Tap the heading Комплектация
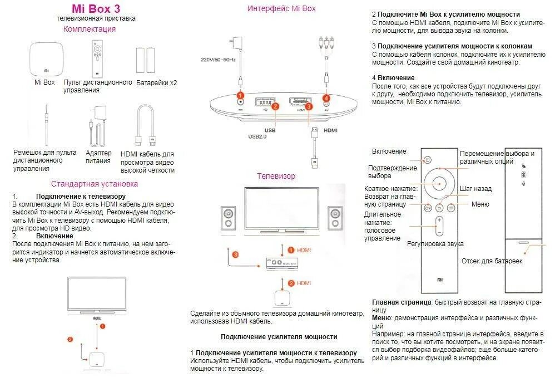point(90,29)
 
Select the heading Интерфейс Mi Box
point(281,8)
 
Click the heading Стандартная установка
point(95,183)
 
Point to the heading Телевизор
point(276,176)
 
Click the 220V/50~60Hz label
point(219,60)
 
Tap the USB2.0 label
point(257,136)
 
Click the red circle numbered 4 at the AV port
point(326,98)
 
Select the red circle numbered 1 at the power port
point(241,96)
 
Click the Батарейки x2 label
point(156,82)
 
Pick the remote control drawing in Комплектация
point(98,58)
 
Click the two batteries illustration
point(145,60)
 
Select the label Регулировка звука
point(435,244)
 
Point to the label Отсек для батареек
point(492,261)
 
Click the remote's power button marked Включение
point(427,160)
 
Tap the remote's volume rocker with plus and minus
point(439,226)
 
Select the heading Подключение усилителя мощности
point(279,336)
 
